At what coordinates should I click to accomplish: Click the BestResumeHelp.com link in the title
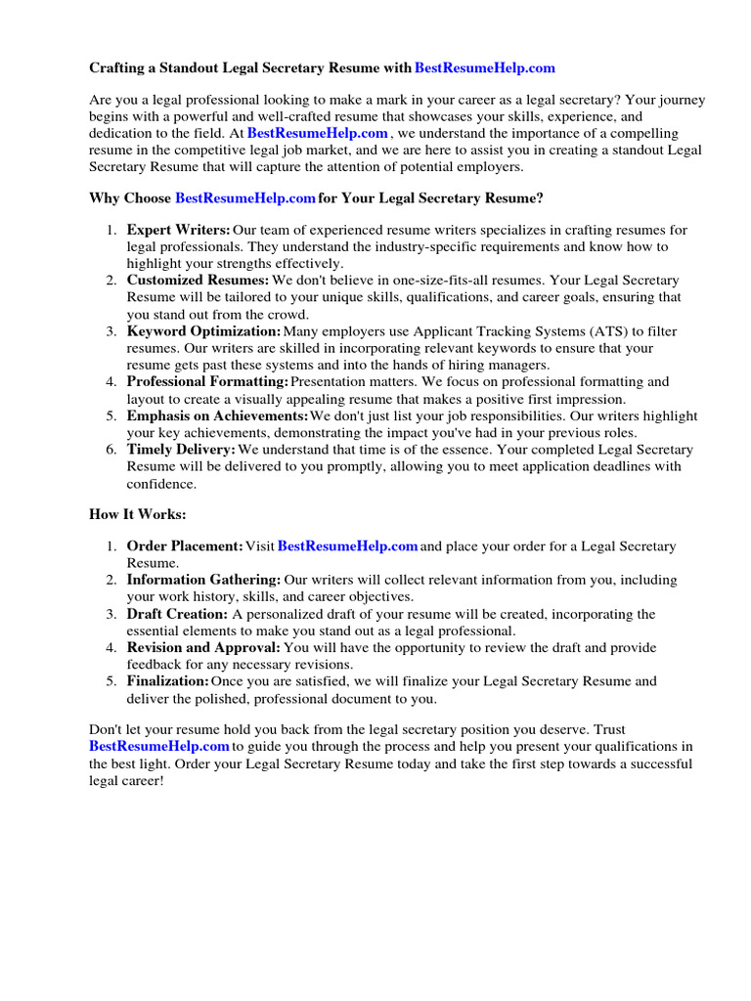(485, 68)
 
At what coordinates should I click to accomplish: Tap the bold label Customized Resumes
(198, 281)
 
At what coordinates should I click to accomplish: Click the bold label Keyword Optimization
(203, 331)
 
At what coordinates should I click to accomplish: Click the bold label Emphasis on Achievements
(217, 416)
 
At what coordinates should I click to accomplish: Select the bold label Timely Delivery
(181, 450)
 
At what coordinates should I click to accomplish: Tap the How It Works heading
(137, 514)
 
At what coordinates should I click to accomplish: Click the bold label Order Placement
(185, 546)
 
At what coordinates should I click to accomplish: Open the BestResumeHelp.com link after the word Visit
(348, 546)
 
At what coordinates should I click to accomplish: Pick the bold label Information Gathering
(203, 581)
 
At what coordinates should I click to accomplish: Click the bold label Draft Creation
(177, 614)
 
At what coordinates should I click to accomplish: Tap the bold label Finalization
(167, 681)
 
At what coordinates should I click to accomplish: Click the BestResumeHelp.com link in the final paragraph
(158, 747)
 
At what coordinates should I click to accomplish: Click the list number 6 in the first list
(110, 450)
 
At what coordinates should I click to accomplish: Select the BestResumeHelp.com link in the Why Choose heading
(245, 198)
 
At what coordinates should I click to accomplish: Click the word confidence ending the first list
(161, 483)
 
